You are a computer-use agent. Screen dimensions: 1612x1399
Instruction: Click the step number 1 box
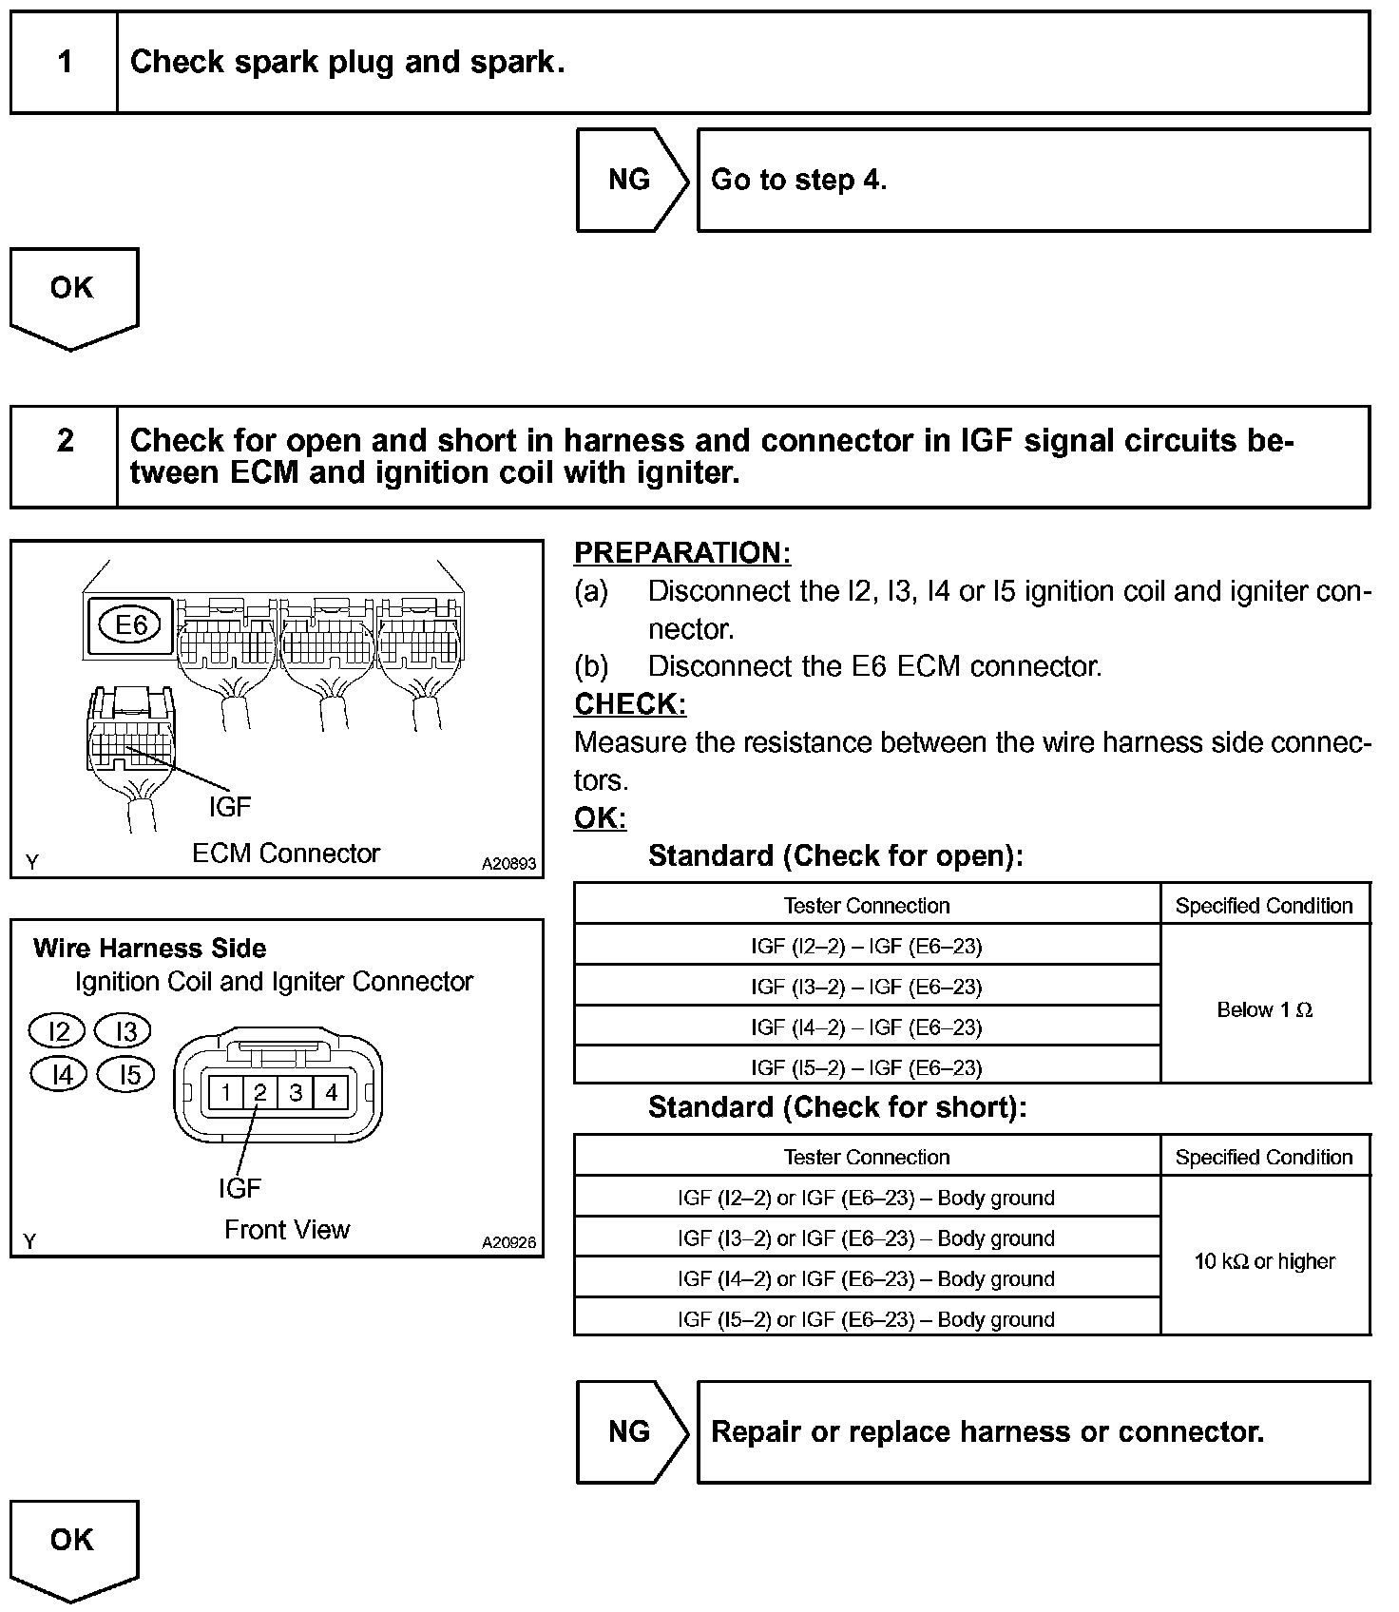(65, 63)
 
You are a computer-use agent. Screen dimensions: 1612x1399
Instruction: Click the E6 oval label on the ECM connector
(132, 624)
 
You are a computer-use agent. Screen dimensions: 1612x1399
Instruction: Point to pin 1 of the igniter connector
(225, 1092)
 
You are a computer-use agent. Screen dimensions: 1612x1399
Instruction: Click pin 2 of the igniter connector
(259, 1092)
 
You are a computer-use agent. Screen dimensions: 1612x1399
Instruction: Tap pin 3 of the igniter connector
(296, 1092)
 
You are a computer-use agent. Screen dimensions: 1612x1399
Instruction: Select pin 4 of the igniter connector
(331, 1092)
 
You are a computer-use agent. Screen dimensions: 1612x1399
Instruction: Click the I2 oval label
(58, 1031)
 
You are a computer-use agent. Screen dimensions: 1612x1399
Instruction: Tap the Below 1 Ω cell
(1264, 1009)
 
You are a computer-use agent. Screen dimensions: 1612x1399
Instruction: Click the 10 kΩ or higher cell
(1264, 1261)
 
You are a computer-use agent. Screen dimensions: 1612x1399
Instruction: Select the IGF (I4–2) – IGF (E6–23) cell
(866, 1027)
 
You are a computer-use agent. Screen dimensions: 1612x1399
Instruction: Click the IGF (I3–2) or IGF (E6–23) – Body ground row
(866, 1238)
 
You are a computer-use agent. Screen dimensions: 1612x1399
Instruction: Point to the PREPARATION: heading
(682, 553)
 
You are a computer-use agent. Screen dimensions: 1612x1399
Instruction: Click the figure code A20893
(508, 864)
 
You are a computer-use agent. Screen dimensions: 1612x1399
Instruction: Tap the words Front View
(287, 1230)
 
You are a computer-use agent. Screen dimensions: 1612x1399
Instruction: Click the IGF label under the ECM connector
(230, 807)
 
